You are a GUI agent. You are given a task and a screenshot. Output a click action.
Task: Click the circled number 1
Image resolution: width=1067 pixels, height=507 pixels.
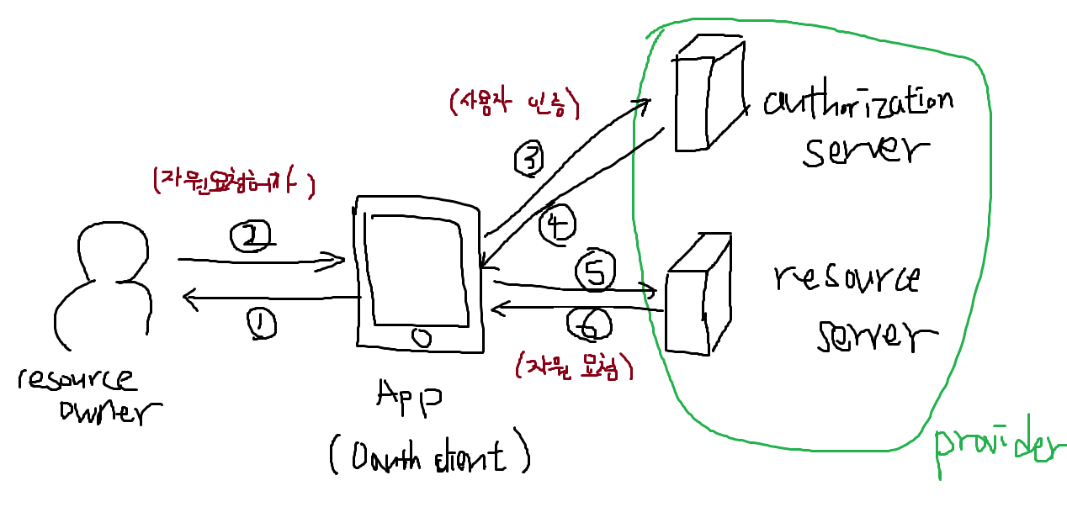262,324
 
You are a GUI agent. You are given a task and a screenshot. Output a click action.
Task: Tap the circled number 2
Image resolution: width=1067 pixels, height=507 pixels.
249,238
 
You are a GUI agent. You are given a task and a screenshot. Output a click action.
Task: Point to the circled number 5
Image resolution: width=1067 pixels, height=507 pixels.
594,272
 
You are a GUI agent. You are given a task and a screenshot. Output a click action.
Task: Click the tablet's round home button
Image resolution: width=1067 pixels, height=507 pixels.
422,337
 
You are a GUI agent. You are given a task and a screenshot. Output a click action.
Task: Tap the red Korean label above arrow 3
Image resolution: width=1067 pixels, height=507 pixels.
515,103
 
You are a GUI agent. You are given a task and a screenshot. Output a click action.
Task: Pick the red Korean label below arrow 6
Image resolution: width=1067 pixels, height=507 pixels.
572,366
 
